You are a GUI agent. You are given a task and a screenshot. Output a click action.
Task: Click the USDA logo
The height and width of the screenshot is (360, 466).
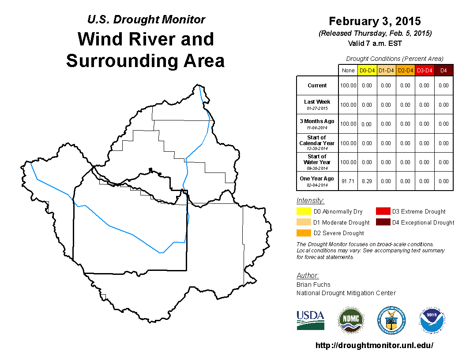tap(310, 320)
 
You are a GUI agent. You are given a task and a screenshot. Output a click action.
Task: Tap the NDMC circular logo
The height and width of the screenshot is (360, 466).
tap(351, 320)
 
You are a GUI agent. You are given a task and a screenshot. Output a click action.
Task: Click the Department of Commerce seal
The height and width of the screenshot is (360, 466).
tap(391, 320)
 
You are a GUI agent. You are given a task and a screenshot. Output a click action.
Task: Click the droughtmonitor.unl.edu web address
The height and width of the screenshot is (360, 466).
tap(374, 345)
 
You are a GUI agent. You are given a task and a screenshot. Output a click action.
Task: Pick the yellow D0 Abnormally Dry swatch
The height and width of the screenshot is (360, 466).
tap(304, 211)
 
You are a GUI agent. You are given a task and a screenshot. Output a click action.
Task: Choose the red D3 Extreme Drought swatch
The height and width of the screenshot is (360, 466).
tap(383, 211)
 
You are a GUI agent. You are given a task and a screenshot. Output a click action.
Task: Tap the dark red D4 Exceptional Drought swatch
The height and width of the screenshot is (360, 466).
tap(383, 222)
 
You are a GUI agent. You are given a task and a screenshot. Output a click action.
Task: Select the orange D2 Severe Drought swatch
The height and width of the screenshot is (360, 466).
tap(304, 233)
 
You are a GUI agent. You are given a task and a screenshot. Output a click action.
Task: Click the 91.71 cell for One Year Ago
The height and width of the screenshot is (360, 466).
tap(348, 181)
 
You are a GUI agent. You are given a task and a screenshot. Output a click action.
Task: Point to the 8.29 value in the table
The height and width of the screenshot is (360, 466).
tap(367, 181)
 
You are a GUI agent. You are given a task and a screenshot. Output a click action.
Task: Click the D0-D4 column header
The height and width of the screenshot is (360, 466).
tap(367, 71)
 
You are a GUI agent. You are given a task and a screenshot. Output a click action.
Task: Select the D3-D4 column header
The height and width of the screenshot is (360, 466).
tap(425, 71)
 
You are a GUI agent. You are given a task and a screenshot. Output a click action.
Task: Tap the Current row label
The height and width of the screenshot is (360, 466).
tap(317, 86)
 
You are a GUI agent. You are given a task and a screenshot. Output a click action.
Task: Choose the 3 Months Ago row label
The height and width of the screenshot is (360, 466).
tap(317, 121)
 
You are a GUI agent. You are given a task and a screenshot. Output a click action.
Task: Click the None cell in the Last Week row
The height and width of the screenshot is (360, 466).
tap(348, 105)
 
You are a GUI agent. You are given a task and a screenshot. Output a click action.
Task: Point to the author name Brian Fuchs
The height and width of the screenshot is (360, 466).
tap(313, 285)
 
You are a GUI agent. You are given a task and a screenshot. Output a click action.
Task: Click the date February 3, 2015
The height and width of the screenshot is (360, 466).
tap(375, 21)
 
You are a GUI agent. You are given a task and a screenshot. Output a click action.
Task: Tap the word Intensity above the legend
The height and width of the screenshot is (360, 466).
tap(310, 200)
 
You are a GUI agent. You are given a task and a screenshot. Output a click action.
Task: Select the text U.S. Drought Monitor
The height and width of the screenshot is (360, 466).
tap(146, 19)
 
